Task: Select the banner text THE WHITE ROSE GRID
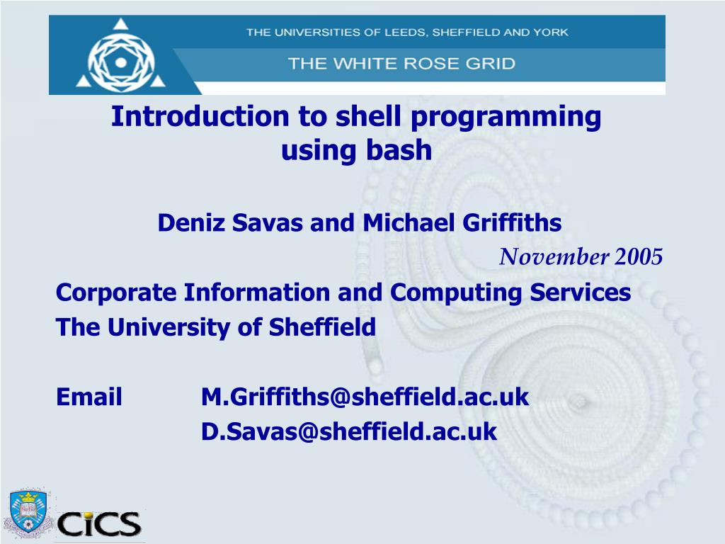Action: [x=401, y=64]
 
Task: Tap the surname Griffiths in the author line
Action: [x=512, y=223]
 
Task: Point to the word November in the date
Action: [x=554, y=257]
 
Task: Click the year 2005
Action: [x=639, y=257]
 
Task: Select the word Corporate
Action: [x=117, y=293]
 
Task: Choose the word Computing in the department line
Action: [x=451, y=293]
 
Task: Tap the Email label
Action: [x=89, y=397]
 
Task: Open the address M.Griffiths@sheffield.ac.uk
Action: [x=365, y=397]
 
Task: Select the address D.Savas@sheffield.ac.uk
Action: [x=349, y=431]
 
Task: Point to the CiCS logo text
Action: [x=99, y=524]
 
